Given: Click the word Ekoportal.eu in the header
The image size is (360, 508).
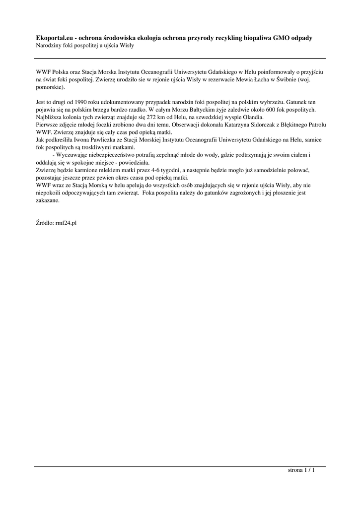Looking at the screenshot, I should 54,38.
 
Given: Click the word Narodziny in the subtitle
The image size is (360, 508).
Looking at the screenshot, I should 48,45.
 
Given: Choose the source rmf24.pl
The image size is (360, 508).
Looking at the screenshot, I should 66,223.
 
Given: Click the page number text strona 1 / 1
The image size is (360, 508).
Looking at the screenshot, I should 301,471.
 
